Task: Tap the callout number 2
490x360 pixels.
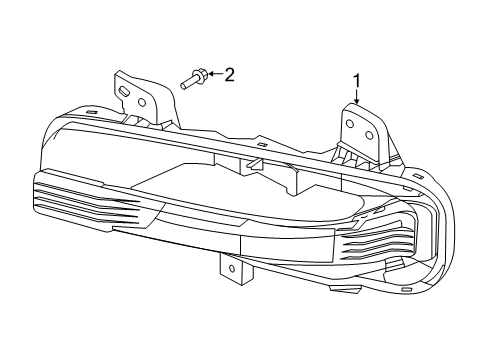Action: pyautogui.click(x=229, y=74)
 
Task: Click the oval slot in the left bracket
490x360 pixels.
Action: pyautogui.click(x=125, y=91)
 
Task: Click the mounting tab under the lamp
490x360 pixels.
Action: pyautogui.click(x=229, y=268)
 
